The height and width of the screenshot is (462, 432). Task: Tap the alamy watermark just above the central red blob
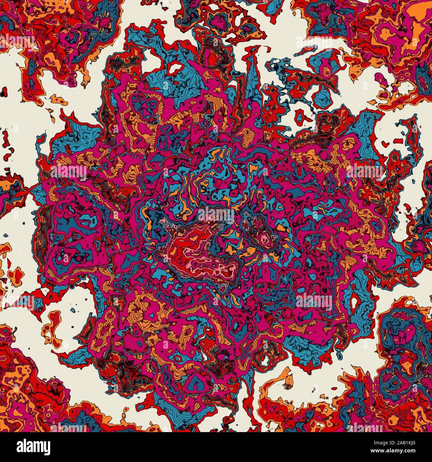(x=216, y=213)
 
